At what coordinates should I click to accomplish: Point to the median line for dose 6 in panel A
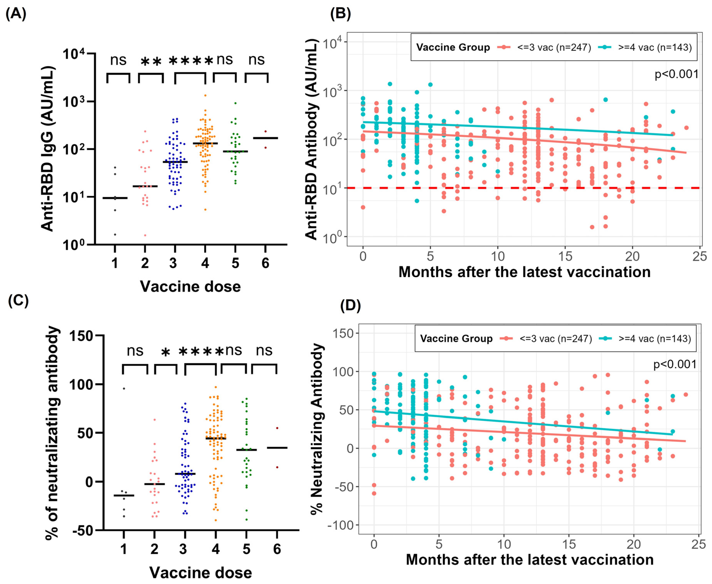265,138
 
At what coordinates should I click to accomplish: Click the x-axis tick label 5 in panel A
235,263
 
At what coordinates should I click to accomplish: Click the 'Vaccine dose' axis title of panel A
190,287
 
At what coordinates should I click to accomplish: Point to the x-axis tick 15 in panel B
565,256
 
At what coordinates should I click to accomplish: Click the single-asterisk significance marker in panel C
165,353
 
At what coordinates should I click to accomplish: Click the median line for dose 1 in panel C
124,496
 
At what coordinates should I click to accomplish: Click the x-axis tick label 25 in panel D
698,544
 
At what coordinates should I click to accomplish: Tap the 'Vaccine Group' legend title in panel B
453,47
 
